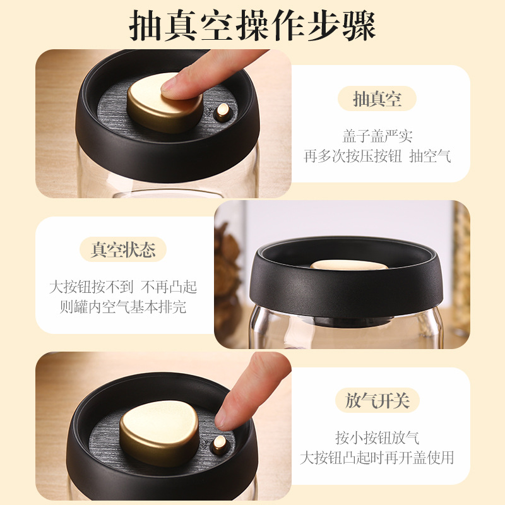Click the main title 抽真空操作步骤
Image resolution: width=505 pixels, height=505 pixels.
tap(252, 25)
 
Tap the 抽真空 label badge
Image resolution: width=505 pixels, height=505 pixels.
tap(377, 98)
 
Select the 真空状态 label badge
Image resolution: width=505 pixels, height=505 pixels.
tap(123, 249)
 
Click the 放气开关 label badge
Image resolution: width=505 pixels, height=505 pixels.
tap(377, 400)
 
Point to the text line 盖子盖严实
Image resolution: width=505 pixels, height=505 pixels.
tap(377, 136)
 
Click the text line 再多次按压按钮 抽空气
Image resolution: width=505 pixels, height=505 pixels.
tap(377, 156)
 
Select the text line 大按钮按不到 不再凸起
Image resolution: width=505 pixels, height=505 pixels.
tap(123, 287)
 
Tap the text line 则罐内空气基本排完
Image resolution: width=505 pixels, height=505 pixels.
tap(123, 307)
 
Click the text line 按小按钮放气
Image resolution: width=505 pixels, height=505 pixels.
tap(377, 437)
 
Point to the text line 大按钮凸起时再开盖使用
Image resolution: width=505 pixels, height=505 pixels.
tap(377, 458)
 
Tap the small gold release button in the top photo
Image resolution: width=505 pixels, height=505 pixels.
tap(223, 111)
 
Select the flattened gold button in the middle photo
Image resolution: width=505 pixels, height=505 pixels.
tap(349, 264)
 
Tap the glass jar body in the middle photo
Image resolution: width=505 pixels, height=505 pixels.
tap(346, 332)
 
